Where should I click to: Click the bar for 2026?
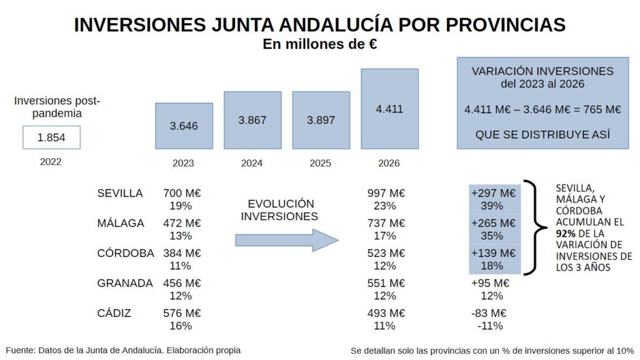tap(389, 109)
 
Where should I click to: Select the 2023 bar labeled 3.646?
tap(184, 126)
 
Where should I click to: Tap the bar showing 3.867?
tap(252, 120)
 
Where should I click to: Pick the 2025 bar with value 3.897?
tap(321, 120)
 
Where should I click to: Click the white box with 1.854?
tap(51, 137)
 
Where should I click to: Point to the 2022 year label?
tap(51, 162)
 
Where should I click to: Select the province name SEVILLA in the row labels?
tap(120, 193)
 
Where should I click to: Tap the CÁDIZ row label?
tap(114, 313)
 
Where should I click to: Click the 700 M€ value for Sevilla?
tap(182, 193)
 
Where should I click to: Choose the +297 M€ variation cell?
tap(494, 193)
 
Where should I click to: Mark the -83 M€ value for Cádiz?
tap(489, 313)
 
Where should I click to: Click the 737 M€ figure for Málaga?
tap(386, 223)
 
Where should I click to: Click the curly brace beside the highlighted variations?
tap(532, 227)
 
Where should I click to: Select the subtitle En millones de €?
tap(319, 44)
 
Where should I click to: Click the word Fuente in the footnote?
tap(21, 350)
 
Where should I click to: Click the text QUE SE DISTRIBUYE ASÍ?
tap(542, 134)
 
